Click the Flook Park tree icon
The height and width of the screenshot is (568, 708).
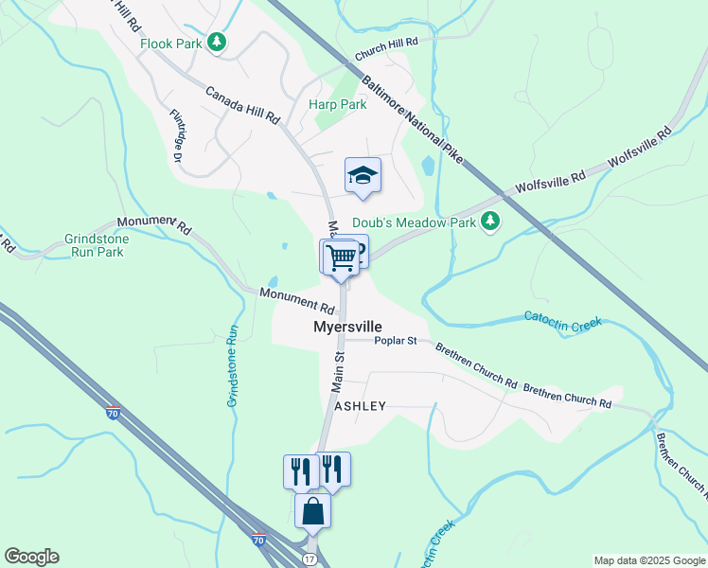(218, 43)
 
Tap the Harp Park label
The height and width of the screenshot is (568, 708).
(337, 105)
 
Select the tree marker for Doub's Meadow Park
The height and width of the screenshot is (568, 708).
(489, 222)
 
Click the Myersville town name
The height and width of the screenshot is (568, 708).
(347, 327)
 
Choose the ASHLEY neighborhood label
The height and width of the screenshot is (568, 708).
(361, 406)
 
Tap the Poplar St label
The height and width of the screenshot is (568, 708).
(396, 341)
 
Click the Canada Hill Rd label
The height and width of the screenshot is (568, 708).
(243, 105)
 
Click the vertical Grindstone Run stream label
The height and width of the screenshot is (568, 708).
(232, 366)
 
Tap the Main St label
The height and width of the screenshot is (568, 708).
(337, 371)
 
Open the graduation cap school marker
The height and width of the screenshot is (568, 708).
(363, 175)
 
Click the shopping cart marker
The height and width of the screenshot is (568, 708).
(342, 257)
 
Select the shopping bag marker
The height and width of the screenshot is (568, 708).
(313, 511)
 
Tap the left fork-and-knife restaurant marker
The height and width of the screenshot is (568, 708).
(301, 470)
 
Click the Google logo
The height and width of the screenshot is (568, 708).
(31, 557)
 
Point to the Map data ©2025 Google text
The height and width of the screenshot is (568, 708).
(648, 560)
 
